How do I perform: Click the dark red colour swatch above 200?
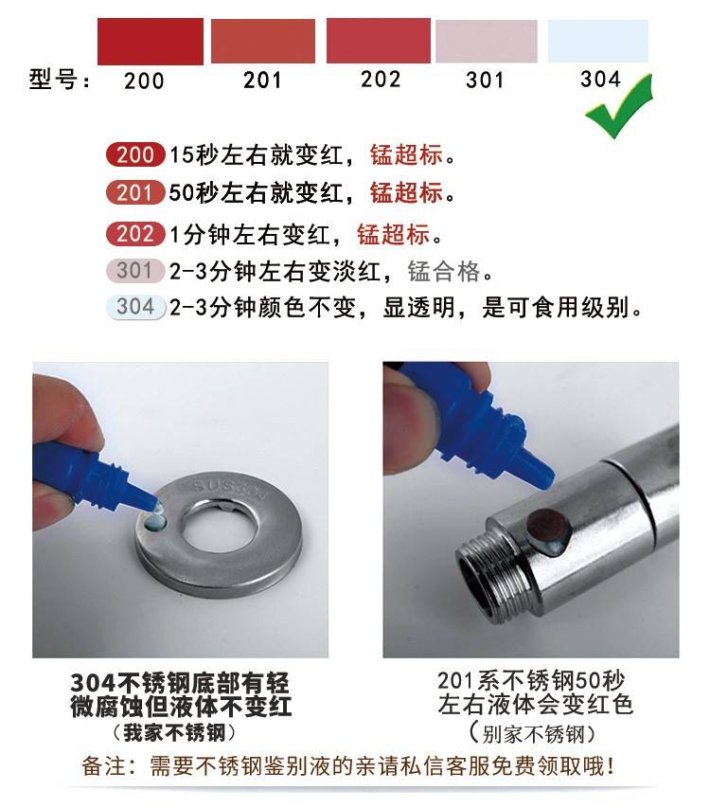click(x=151, y=42)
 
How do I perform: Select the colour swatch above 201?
click(x=263, y=42)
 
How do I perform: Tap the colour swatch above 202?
click(x=379, y=41)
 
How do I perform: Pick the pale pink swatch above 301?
click(x=487, y=42)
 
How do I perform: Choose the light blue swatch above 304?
click(x=597, y=42)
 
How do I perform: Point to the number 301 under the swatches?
click(x=485, y=81)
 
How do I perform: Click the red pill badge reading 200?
click(x=135, y=154)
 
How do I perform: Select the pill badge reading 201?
click(x=135, y=192)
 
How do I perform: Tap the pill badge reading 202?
click(x=135, y=235)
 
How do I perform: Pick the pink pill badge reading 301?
click(x=135, y=271)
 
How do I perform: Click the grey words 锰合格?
click(x=444, y=271)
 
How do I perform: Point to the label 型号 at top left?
click(x=53, y=80)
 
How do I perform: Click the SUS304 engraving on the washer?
click(x=230, y=490)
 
